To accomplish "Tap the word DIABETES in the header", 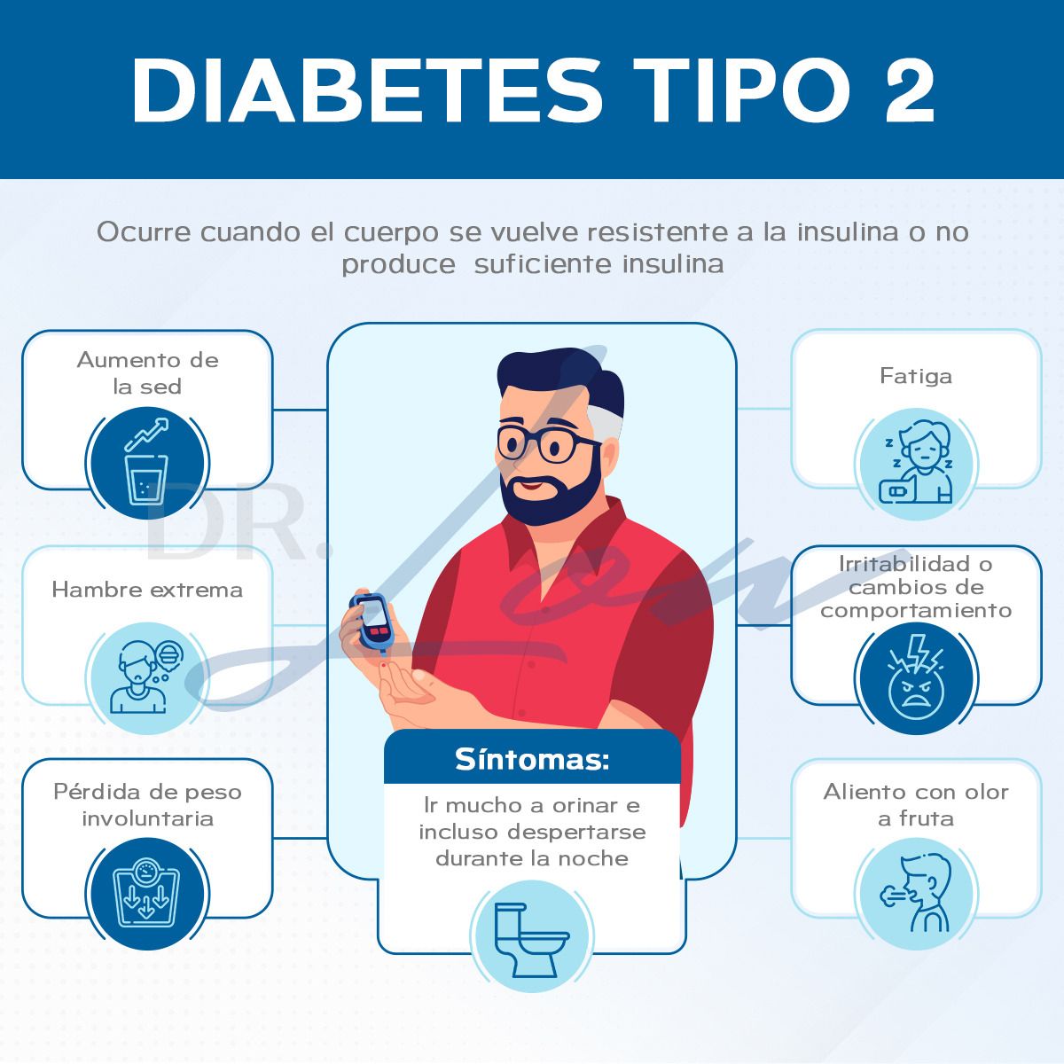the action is tap(367, 90).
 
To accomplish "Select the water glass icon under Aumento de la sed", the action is tap(147, 463).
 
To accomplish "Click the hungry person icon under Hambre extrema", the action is tap(147, 678).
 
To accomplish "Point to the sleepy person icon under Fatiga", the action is tap(915, 464).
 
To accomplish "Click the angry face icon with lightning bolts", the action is tap(915, 678).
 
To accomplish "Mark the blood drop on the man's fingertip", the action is tap(383, 667).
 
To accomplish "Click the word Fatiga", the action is tap(915, 376).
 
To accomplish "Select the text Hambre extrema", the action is tap(147, 590).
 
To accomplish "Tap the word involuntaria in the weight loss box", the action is tap(147, 818).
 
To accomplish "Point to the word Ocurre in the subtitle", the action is tap(144, 232).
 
